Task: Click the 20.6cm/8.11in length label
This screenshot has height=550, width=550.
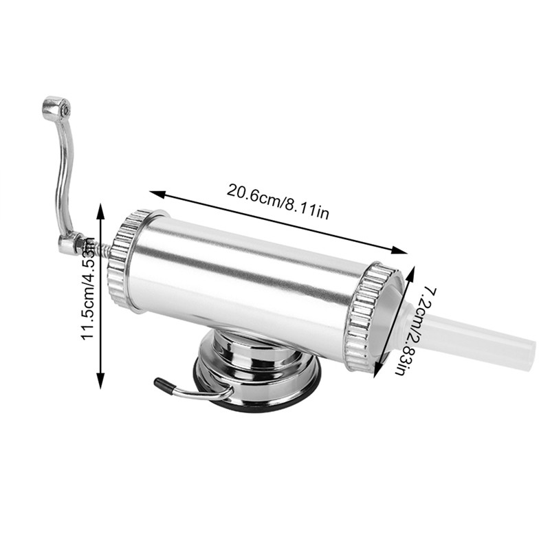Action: pos(278,201)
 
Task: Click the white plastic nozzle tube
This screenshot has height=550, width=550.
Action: pos(473,335)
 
